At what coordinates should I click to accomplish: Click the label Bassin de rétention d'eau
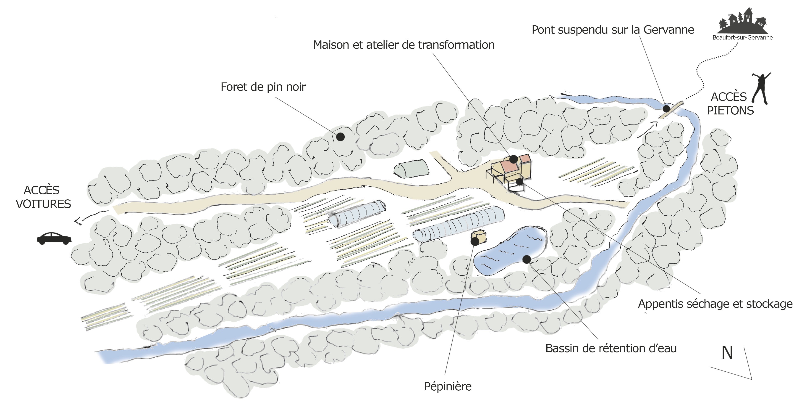point(611,348)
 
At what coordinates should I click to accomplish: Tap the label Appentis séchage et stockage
point(715,304)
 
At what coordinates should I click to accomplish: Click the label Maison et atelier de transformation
point(404,45)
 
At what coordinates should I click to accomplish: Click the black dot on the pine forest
point(340,136)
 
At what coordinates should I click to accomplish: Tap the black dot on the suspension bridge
point(666,109)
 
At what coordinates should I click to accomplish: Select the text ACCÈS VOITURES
point(43,197)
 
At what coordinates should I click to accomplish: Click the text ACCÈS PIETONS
point(730,104)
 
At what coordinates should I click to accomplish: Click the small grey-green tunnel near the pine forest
point(411,169)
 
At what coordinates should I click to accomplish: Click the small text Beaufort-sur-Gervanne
point(742,38)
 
